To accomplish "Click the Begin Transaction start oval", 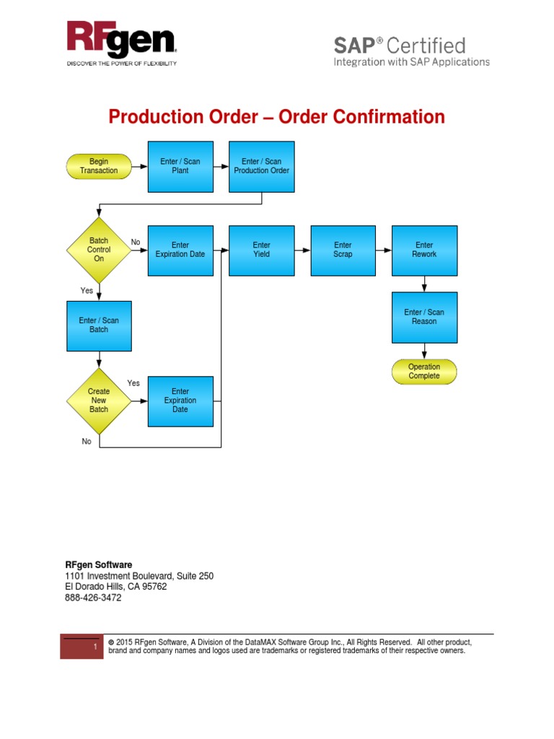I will [x=99, y=167].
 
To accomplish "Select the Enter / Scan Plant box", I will [x=180, y=167].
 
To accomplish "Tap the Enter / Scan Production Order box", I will [x=262, y=167].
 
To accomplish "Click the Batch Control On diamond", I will [x=99, y=250].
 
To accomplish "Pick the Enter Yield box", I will [x=262, y=250].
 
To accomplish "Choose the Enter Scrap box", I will [x=343, y=250].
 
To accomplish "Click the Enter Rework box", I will [x=424, y=250].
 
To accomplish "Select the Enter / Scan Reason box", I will [x=424, y=317].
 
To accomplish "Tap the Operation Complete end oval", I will [x=424, y=372].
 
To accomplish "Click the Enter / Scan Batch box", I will [x=99, y=325].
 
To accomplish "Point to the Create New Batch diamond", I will [x=99, y=401].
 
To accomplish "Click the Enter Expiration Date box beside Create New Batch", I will [x=180, y=401].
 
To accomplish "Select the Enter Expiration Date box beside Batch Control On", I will [x=180, y=250].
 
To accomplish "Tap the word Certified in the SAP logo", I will [x=426, y=46].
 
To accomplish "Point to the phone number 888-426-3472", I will [x=93, y=598].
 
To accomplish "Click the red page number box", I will [x=82, y=647].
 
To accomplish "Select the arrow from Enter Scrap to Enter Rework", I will [x=384, y=250].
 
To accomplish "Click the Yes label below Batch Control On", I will [x=87, y=290].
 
